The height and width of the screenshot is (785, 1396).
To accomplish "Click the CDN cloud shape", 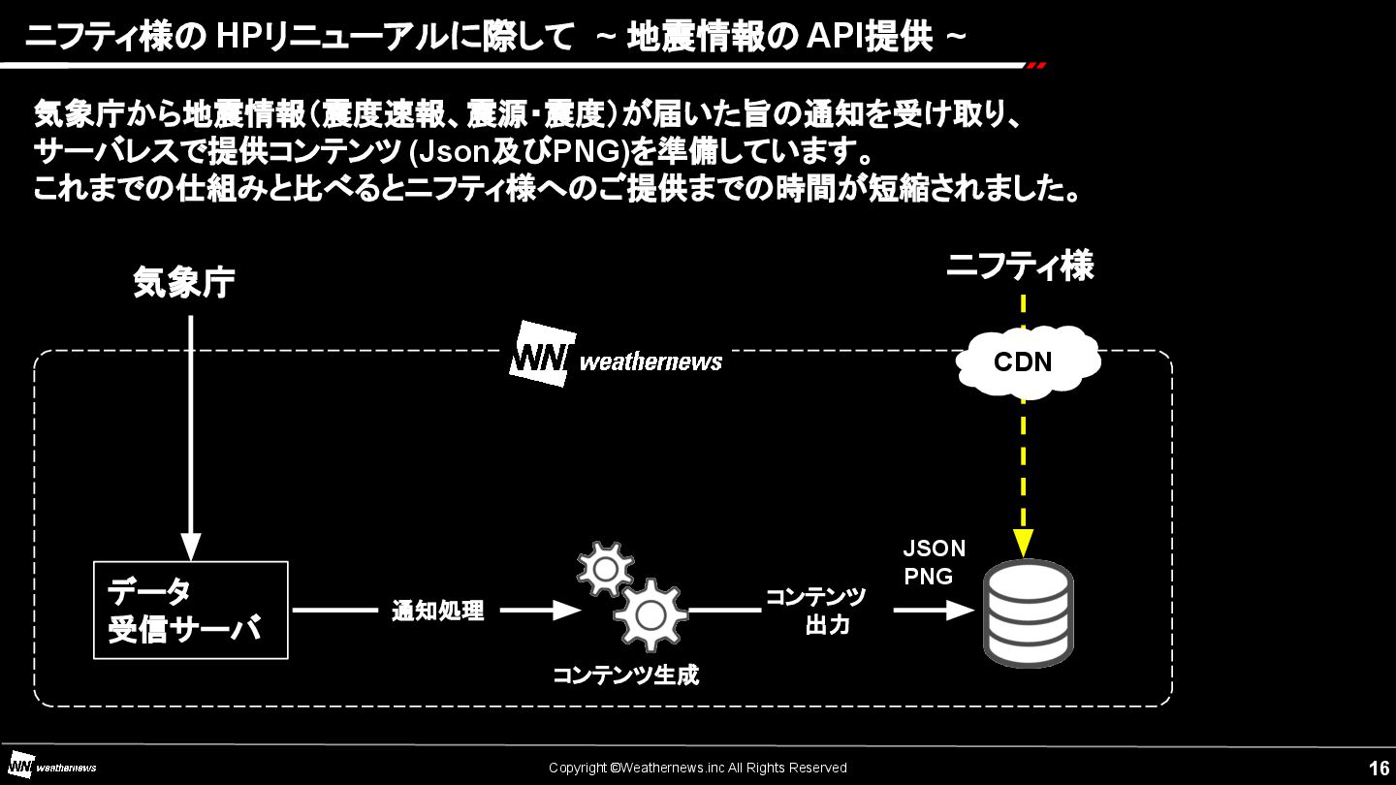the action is click(1027, 361).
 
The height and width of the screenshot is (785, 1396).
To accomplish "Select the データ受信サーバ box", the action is click(191, 610).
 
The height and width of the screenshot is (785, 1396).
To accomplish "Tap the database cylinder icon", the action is click(1028, 612).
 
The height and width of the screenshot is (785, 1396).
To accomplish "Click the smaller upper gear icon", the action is click(605, 569).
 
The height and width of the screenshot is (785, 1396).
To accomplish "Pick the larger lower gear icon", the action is click(650, 614).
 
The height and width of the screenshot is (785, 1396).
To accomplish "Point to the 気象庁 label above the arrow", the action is click(184, 283).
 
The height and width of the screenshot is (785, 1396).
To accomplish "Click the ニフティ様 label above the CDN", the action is click(1020, 266).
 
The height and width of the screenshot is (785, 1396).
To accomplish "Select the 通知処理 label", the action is click(437, 611).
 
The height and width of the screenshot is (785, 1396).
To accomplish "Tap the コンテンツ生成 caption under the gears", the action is click(625, 675).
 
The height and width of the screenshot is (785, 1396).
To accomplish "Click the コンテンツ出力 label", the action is click(816, 611).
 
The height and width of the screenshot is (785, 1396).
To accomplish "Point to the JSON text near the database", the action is click(934, 549).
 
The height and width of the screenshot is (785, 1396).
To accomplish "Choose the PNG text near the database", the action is click(928, 577).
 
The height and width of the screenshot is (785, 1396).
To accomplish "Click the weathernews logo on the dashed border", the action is click(617, 356).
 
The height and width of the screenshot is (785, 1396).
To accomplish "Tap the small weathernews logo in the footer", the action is click(52, 767).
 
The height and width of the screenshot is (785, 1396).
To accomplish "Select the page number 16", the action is click(1379, 768).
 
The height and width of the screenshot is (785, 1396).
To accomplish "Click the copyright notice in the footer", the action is click(697, 768).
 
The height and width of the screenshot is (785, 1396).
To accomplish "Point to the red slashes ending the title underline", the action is click(1036, 66).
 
